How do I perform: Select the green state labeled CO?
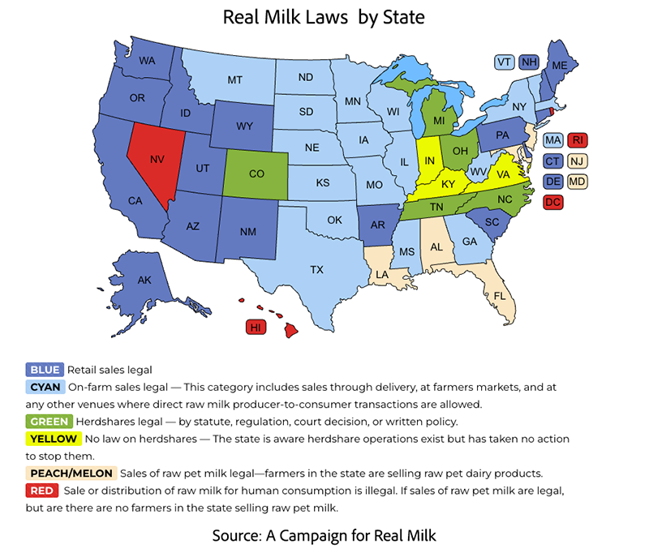pyautogui.click(x=256, y=174)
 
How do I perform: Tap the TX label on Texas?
pyautogui.click(x=316, y=269)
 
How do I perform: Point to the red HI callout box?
pyautogui.click(x=256, y=328)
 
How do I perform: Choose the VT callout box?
pyautogui.click(x=504, y=62)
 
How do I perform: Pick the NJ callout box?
pyautogui.click(x=578, y=161)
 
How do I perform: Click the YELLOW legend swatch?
pyautogui.click(x=54, y=439)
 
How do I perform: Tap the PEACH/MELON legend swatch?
pyautogui.click(x=72, y=473)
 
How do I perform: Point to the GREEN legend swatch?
pyautogui.click(x=49, y=422)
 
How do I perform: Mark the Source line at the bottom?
pyautogui.click(x=324, y=536)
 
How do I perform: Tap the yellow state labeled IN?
pyautogui.click(x=429, y=161)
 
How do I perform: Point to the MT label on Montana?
pyautogui.click(x=235, y=79)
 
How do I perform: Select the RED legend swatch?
pyautogui.click(x=41, y=491)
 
